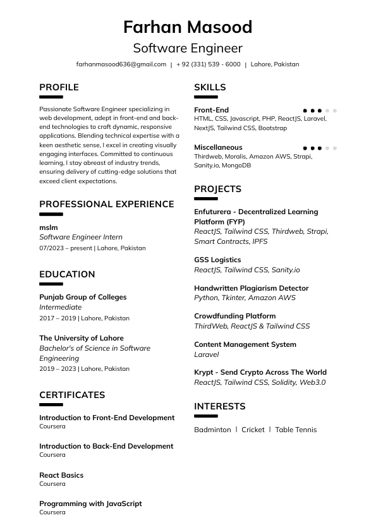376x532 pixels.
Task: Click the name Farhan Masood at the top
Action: (188, 27)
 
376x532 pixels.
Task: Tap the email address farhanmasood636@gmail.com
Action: (121, 64)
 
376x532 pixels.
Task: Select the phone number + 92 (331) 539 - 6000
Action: (209, 64)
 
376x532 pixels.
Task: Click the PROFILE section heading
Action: (59, 87)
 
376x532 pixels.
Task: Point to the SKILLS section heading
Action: (210, 87)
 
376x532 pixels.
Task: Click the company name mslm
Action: (48, 227)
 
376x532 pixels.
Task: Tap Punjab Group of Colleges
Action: (83, 297)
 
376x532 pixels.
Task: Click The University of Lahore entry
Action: (82, 338)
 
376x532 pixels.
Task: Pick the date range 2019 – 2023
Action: (58, 369)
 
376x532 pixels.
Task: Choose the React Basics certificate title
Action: (61, 475)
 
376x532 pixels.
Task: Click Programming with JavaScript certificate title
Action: (90, 504)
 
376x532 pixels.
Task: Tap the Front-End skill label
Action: (211, 110)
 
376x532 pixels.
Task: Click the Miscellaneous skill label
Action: (218, 148)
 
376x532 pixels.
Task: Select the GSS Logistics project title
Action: (217, 260)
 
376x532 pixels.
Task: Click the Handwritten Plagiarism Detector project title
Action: (252, 288)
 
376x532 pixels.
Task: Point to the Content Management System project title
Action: (245, 344)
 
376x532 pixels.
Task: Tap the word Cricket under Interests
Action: (253, 430)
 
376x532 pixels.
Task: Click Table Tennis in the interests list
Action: (296, 430)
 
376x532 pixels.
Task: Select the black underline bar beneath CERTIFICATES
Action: (51, 405)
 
